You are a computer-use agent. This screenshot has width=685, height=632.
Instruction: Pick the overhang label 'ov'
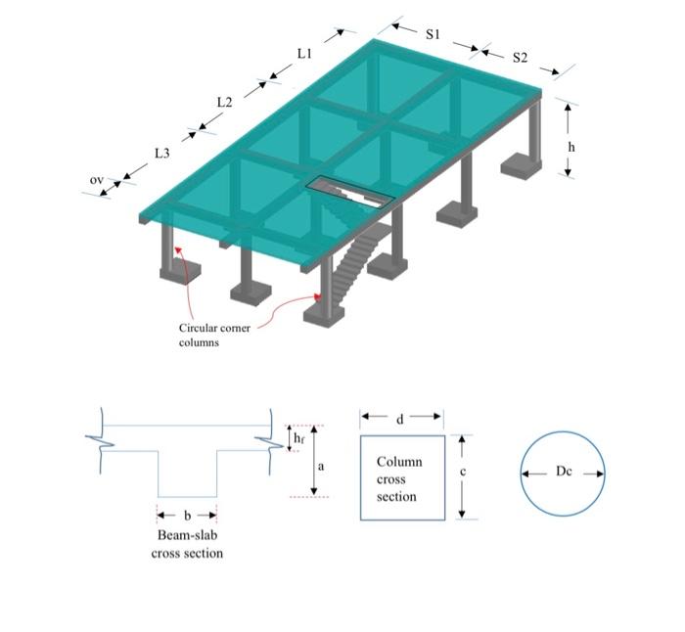(96, 180)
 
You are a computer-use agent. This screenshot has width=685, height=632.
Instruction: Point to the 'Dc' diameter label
(563, 472)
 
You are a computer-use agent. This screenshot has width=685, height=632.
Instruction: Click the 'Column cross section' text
(399, 478)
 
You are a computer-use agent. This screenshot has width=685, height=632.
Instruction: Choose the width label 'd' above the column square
(400, 419)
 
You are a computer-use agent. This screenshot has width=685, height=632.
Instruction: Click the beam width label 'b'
(187, 515)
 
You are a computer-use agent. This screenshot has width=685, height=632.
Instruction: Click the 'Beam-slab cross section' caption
(187, 544)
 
